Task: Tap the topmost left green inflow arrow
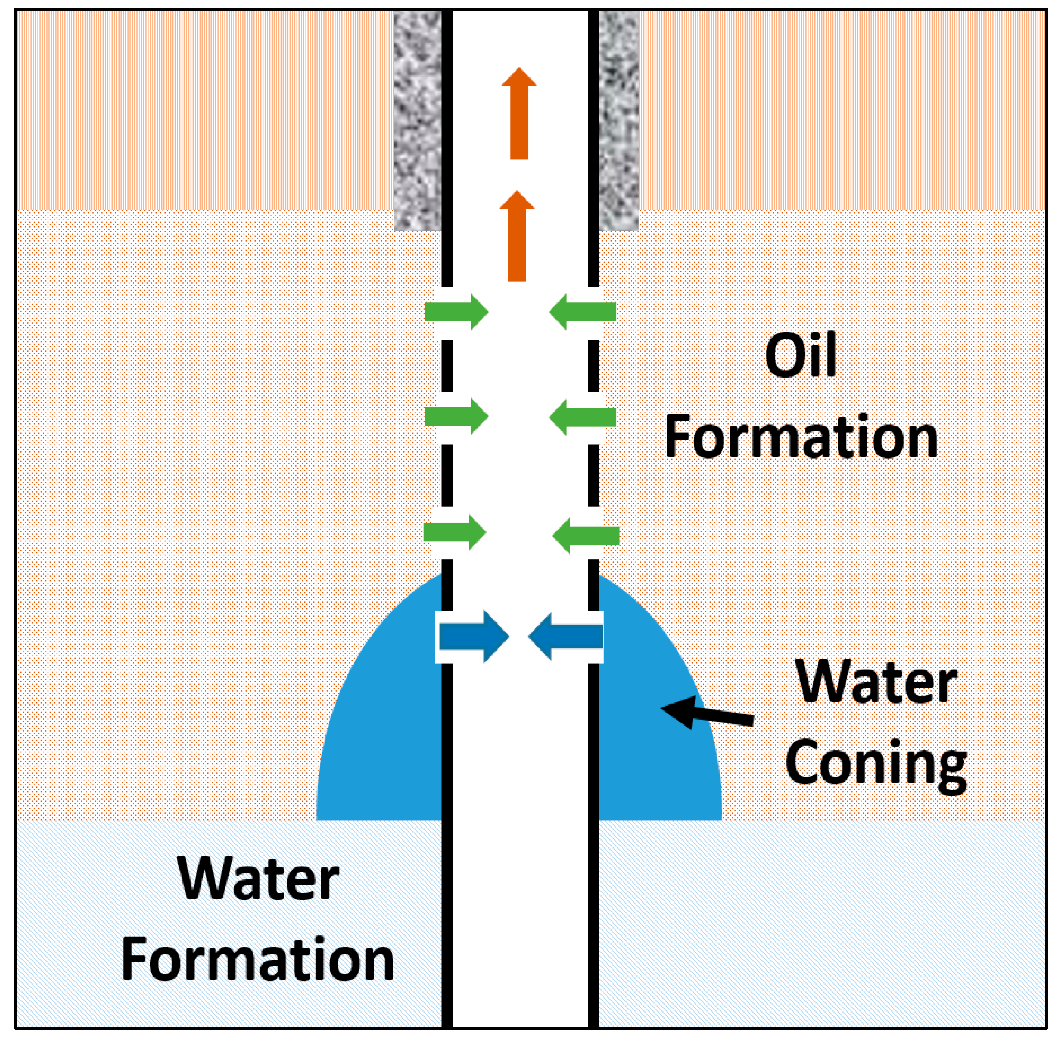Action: [456, 312]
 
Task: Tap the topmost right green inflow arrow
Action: [583, 311]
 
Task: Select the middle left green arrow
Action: [456, 417]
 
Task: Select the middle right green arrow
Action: [583, 417]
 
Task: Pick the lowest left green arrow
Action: [454, 532]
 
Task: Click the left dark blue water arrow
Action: [473, 637]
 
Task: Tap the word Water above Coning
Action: [876, 682]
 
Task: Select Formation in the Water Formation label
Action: [258, 959]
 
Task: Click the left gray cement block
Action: [417, 120]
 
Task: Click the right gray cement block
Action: [618, 120]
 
